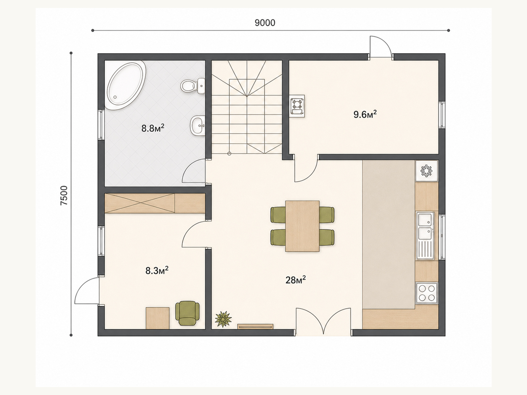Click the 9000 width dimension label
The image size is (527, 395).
pyautogui.click(x=265, y=23)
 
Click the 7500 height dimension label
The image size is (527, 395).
pyautogui.click(x=64, y=196)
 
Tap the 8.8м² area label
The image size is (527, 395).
pyautogui.click(x=153, y=128)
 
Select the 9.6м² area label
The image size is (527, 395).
pyautogui.click(x=365, y=114)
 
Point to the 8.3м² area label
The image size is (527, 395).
pyautogui.click(x=157, y=271)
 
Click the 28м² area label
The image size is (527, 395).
pyautogui.click(x=295, y=280)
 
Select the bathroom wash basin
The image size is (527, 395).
pyautogui.click(x=198, y=125)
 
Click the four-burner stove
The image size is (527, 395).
pyautogui.click(x=427, y=293)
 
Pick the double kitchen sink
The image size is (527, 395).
pyautogui.click(x=425, y=235)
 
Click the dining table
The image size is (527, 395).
pyautogui.click(x=302, y=226)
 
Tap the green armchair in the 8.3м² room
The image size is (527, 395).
pyautogui.click(x=187, y=313)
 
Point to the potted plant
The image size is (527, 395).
pyautogui.click(x=223, y=319)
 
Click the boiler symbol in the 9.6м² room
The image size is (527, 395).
pyautogui.click(x=297, y=106)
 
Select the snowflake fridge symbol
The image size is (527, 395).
pyautogui.click(x=427, y=171)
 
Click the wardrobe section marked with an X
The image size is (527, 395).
pyautogui.click(x=140, y=203)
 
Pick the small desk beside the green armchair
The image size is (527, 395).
pyautogui.click(x=157, y=318)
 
